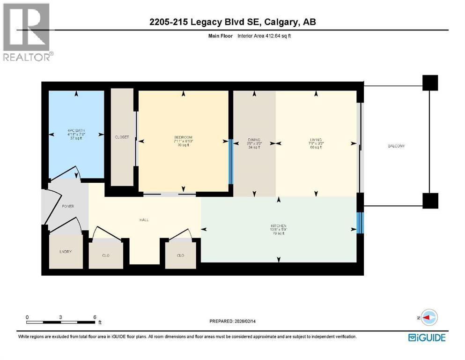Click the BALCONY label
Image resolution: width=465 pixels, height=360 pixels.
coord(396,146)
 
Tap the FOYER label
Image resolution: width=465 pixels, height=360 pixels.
coord(68,206)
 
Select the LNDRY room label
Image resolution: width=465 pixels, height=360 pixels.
coord(66,251)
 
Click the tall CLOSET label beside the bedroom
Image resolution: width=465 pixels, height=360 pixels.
coord(122,137)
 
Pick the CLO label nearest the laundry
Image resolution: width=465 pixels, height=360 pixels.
coord(105,255)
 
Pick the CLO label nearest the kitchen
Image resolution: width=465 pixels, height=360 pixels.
coord(180,255)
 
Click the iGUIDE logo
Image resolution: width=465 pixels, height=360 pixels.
coord(427,337)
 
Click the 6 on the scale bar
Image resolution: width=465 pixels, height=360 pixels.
coord(95,317)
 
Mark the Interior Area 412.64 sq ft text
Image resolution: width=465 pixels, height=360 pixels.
coord(268,35)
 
